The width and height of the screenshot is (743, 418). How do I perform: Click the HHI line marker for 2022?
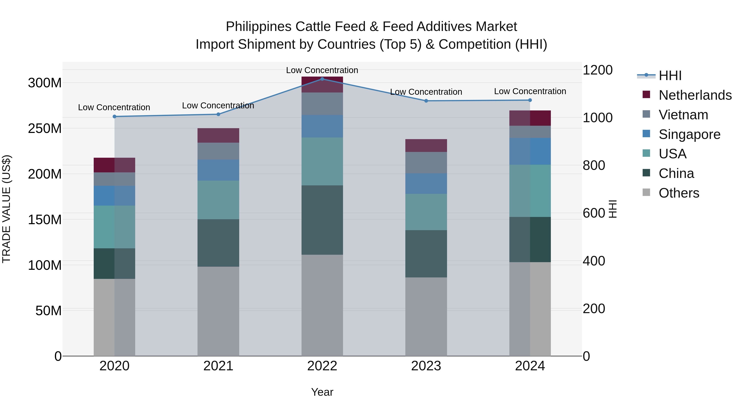[322, 79]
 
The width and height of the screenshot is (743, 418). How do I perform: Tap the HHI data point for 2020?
[115, 117]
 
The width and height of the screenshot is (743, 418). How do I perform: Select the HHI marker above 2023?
[426, 101]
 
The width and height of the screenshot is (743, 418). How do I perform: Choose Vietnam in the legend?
[683, 115]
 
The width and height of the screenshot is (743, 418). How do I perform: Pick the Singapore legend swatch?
[646, 134]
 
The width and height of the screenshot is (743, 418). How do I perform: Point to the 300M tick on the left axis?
[45, 83]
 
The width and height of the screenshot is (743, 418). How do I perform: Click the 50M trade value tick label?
[49, 311]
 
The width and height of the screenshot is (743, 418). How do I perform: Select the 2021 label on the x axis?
[218, 366]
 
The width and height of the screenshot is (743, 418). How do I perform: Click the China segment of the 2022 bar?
[322, 220]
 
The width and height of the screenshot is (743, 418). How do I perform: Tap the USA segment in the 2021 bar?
[218, 200]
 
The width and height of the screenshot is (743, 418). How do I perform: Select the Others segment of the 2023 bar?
[426, 316]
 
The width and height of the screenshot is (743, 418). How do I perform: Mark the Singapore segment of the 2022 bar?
[322, 126]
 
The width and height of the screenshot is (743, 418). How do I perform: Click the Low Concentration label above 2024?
[530, 91]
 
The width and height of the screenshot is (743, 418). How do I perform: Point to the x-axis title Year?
[322, 392]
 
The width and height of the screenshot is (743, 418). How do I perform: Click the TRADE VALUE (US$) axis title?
[7, 209]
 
